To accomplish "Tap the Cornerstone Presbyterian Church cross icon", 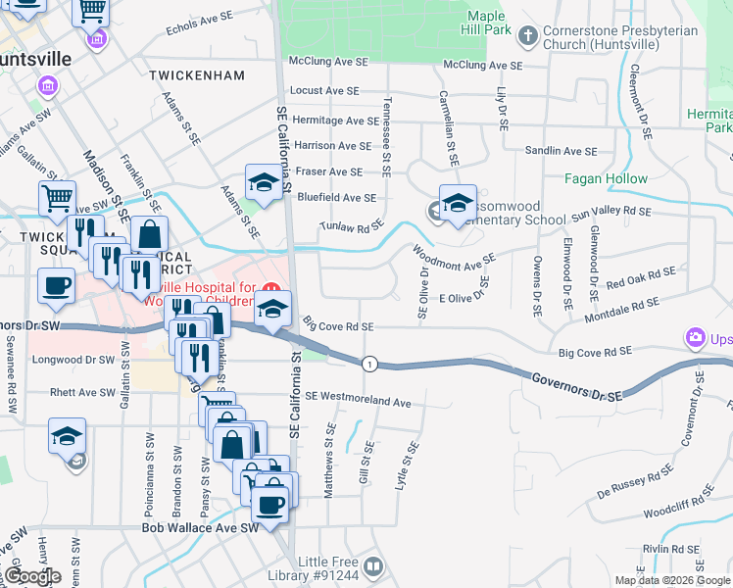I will point(528,37).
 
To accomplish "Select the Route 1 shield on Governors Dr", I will point(368,365).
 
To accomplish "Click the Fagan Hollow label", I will point(606,178).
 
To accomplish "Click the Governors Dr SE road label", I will point(577,386).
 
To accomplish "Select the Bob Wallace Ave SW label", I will point(200,527).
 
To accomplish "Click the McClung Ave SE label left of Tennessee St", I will point(328,61).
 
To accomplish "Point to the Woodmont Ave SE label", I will point(454,258).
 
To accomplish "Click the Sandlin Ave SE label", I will point(561,151).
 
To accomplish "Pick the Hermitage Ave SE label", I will point(335,121).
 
